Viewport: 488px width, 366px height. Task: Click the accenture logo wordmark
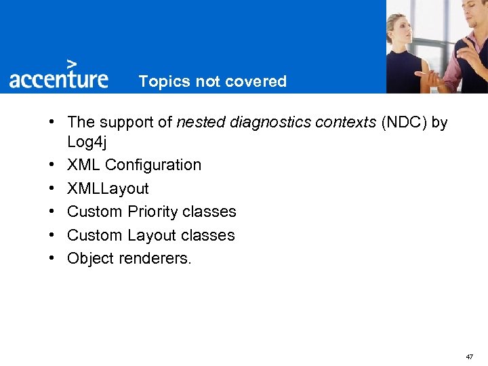[58, 79]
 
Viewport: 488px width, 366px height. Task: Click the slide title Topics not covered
[213, 82]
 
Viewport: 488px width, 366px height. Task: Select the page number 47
[470, 357]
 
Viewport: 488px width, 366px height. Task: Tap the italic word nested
[201, 122]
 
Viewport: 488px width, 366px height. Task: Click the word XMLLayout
[108, 188]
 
